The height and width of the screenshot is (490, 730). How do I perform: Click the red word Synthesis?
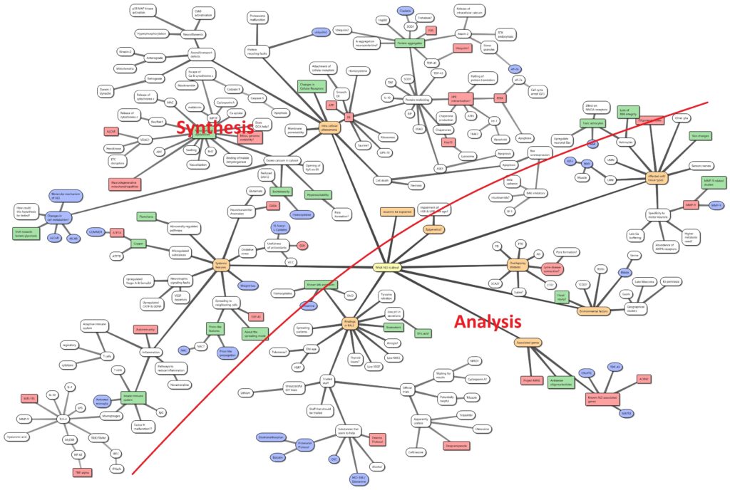tap(217, 129)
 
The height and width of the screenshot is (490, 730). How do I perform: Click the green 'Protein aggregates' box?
tap(411, 43)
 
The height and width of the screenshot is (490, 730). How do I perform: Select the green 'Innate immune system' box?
tap(129, 397)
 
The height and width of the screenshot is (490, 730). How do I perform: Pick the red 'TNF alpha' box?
tap(83, 472)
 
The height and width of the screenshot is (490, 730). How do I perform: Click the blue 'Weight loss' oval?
tap(248, 285)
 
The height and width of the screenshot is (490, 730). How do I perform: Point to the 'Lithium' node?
tap(247, 392)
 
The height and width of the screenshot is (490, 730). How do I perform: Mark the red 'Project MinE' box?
tap(532, 381)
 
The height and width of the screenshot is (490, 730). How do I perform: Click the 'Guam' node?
tap(627, 293)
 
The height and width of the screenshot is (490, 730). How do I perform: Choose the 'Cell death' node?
tap(382, 181)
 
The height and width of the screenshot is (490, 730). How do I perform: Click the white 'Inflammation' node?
tap(150, 351)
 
